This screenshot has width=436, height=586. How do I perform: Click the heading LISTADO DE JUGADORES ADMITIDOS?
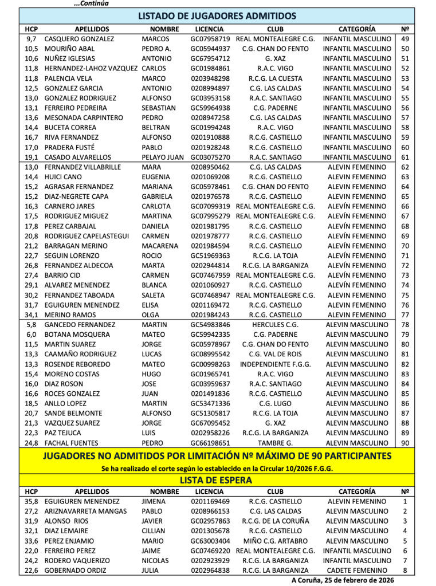click(x=217, y=16)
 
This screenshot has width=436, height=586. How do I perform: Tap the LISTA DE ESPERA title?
click(x=217, y=480)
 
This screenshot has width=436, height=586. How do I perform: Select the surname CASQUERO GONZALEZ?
click(x=79, y=39)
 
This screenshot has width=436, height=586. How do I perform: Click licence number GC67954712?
click(x=210, y=58)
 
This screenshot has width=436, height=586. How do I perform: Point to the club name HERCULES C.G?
click(x=275, y=325)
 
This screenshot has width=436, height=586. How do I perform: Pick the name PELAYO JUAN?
click(x=163, y=157)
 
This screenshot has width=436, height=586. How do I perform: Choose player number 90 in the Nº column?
click(x=405, y=443)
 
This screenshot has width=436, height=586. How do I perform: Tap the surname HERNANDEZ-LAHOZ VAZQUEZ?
click(x=91, y=68)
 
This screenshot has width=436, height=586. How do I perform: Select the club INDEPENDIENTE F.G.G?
click(x=275, y=364)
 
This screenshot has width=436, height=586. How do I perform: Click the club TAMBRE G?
click(x=275, y=443)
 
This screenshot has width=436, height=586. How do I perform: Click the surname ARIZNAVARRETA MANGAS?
click(x=85, y=511)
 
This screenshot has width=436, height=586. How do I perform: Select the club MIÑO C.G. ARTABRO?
click(x=275, y=541)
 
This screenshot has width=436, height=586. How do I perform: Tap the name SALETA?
click(x=153, y=295)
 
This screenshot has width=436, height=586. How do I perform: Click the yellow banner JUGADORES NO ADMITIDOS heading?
click(x=217, y=456)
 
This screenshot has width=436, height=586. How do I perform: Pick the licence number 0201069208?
click(x=210, y=177)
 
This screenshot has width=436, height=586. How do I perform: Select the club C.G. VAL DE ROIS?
click(x=275, y=354)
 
